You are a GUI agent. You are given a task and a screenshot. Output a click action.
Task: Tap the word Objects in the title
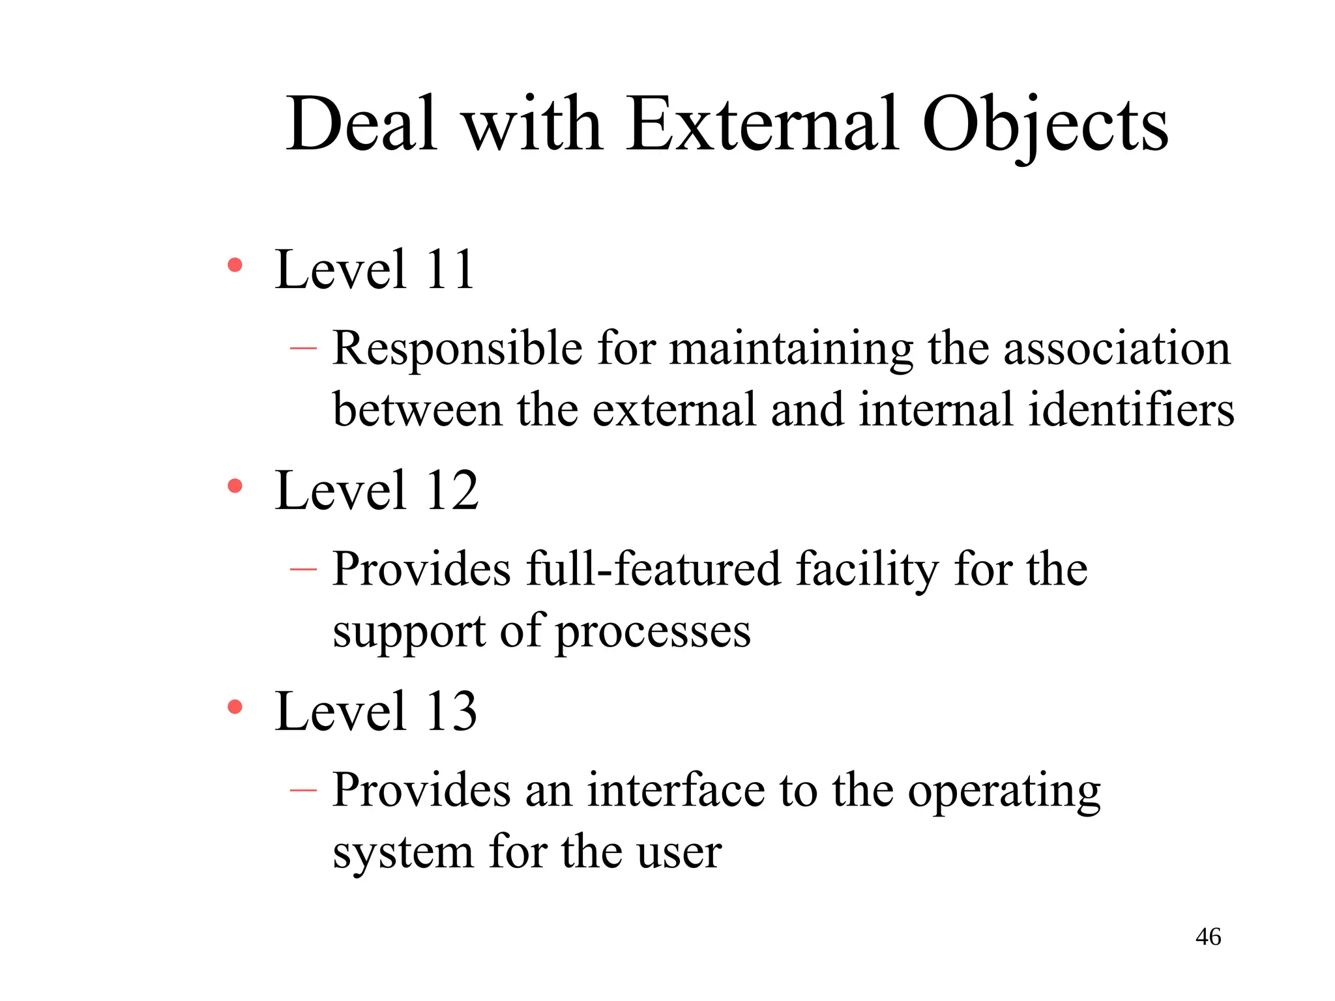tap(1045, 125)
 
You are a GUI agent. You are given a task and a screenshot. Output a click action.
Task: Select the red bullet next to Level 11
tap(235, 265)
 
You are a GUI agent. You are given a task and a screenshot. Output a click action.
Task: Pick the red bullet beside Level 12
tap(235, 486)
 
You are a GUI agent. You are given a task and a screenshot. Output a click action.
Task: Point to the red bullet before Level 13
tap(235, 706)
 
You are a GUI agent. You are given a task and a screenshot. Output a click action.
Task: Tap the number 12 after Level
tap(452, 490)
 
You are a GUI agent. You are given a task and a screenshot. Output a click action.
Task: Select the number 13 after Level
tap(451, 711)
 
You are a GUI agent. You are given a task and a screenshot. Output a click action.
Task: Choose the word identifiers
tap(1131, 410)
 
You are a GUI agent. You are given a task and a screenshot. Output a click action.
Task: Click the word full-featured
tap(653, 570)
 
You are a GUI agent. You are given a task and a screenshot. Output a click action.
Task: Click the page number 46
tap(1208, 937)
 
